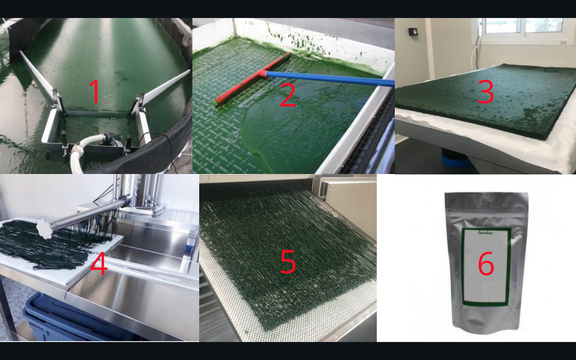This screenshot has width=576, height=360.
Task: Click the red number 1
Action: tap(94, 91)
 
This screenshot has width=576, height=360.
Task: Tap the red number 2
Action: tap(288, 95)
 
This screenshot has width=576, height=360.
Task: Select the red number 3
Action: tap(486, 92)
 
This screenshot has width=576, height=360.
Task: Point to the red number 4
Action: tap(99, 264)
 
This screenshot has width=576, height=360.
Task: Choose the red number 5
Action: tap(288, 262)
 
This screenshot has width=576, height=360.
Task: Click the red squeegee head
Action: tap(252, 78)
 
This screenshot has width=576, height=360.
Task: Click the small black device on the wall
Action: tap(412, 32)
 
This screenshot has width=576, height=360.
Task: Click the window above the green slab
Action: tap(520, 26)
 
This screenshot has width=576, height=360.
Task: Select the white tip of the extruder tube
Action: tap(45, 228)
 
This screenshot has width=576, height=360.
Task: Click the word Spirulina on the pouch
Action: tap(485, 232)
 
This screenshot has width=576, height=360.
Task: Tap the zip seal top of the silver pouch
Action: tap(486, 196)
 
